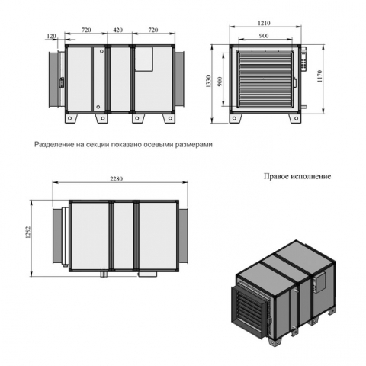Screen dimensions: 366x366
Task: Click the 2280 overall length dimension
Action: [116, 178]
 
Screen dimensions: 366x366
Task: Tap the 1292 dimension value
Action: [28, 232]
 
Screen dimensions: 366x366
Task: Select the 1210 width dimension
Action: [264, 23]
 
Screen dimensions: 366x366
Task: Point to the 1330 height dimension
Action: [208, 82]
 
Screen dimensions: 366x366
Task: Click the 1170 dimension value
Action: [319, 76]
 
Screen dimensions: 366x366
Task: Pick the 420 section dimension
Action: [118, 30]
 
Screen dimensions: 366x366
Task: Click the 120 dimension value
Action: [51, 36]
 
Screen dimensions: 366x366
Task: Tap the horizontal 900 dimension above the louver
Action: [264, 36]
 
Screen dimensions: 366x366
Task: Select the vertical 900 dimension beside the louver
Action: [220, 81]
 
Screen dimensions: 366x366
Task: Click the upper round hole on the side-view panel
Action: [101, 51]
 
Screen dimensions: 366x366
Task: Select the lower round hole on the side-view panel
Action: [98, 107]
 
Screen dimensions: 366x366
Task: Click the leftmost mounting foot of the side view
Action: [71, 118]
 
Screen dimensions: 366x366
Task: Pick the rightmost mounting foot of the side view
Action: [169, 118]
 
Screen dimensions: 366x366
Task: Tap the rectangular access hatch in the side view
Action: [143, 59]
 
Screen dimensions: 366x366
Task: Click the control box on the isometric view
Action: [319, 282]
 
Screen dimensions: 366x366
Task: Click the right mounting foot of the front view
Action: [294, 118]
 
